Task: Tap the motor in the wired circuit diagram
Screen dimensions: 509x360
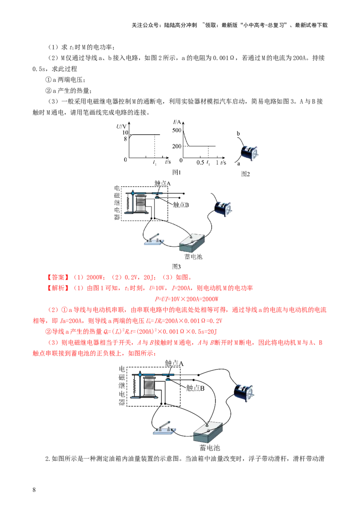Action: tap(245, 392)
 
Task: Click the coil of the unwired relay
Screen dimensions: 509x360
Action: tap(142, 203)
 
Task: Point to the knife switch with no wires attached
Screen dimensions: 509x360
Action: tap(153, 241)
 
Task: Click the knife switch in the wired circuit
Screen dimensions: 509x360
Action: tap(163, 429)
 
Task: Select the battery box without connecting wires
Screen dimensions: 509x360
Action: tap(192, 242)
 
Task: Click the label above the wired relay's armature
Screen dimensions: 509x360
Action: tap(174, 363)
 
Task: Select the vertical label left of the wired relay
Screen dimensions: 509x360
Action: tap(121, 385)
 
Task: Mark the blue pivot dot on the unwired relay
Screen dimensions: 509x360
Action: tap(133, 192)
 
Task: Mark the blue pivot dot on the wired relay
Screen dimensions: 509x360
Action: tap(140, 374)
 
